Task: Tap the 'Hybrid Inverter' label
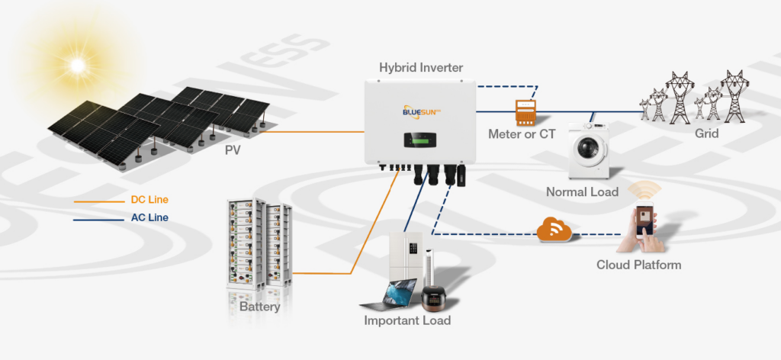point(420,68)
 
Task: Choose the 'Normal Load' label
point(582,192)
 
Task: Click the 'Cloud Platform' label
point(638,265)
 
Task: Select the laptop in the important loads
point(390,294)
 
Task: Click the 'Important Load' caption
point(407,320)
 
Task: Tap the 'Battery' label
point(259,307)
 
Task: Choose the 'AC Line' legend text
point(149,217)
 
